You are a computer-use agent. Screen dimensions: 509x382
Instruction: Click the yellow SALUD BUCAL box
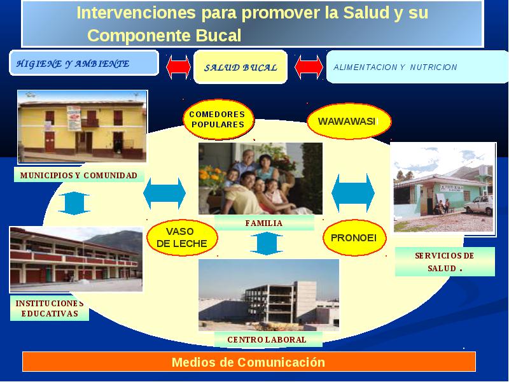tap(241, 67)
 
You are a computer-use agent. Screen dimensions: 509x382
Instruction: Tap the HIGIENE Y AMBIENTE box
tap(84, 63)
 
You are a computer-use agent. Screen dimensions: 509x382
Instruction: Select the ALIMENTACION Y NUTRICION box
tap(417, 67)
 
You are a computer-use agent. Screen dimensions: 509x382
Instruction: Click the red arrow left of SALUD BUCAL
tap(178, 67)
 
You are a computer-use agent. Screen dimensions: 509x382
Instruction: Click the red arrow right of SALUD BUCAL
tap(309, 67)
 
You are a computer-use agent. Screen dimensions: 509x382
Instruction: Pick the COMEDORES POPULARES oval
tap(218, 119)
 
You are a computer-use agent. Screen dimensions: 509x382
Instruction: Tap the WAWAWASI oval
tap(349, 121)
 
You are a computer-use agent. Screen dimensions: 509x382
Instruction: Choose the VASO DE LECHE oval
tap(182, 237)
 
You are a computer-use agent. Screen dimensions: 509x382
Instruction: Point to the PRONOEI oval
tap(354, 237)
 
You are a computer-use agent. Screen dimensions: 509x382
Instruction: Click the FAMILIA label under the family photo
tap(264, 223)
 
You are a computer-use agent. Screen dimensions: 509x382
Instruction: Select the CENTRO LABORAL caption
tap(267, 339)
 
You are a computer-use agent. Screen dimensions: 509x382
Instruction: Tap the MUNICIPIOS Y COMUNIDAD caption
tap(79, 176)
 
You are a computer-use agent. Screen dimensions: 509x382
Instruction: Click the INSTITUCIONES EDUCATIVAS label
tap(50, 308)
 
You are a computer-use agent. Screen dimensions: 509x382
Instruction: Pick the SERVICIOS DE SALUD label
tap(445, 262)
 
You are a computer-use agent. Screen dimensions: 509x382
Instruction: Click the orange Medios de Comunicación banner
tap(249, 362)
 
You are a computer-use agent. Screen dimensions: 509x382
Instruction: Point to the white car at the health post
tap(479, 204)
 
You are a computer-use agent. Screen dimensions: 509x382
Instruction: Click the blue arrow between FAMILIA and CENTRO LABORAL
tap(267, 244)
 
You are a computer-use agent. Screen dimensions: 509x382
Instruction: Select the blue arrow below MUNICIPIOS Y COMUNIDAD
tap(74, 203)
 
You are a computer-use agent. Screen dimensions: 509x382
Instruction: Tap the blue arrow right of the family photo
tap(353, 193)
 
